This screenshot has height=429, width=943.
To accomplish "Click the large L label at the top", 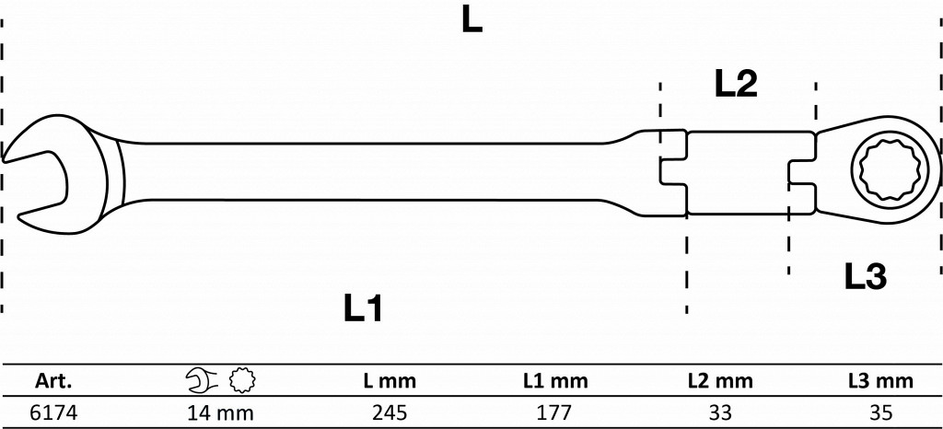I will pyautogui.click(x=471, y=22).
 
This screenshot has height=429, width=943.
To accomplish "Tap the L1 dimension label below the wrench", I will pyautogui.click(x=363, y=309).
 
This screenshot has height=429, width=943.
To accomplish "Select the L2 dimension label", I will pyautogui.click(x=736, y=85).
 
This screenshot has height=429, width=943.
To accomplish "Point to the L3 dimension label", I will pyautogui.click(x=865, y=276).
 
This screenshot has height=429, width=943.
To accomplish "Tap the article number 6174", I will pyautogui.click(x=52, y=413).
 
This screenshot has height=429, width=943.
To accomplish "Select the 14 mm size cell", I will pyautogui.click(x=219, y=413).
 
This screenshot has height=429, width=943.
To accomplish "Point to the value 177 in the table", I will pyautogui.click(x=554, y=413).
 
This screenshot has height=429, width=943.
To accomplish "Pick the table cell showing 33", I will pyautogui.click(x=720, y=413).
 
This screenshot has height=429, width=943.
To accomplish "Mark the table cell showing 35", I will pyautogui.click(x=880, y=413).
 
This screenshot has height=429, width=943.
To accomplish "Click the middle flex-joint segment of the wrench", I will pyautogui.click(x=737, y=172).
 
